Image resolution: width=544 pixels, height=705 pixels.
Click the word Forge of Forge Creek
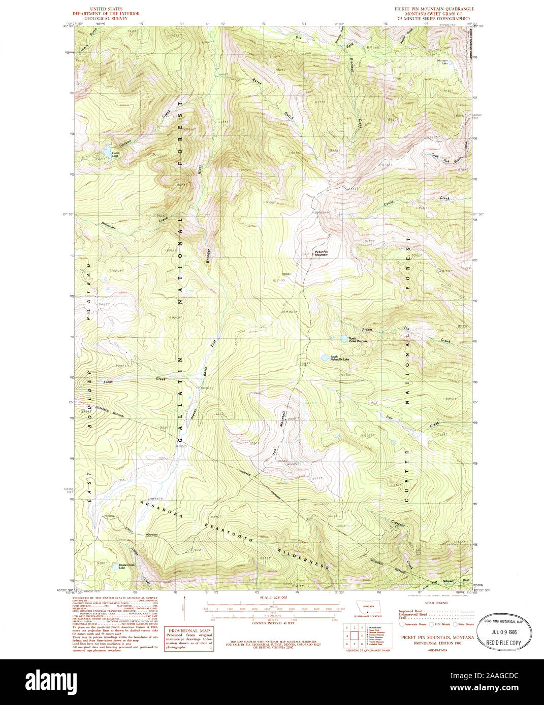(108, 381)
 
